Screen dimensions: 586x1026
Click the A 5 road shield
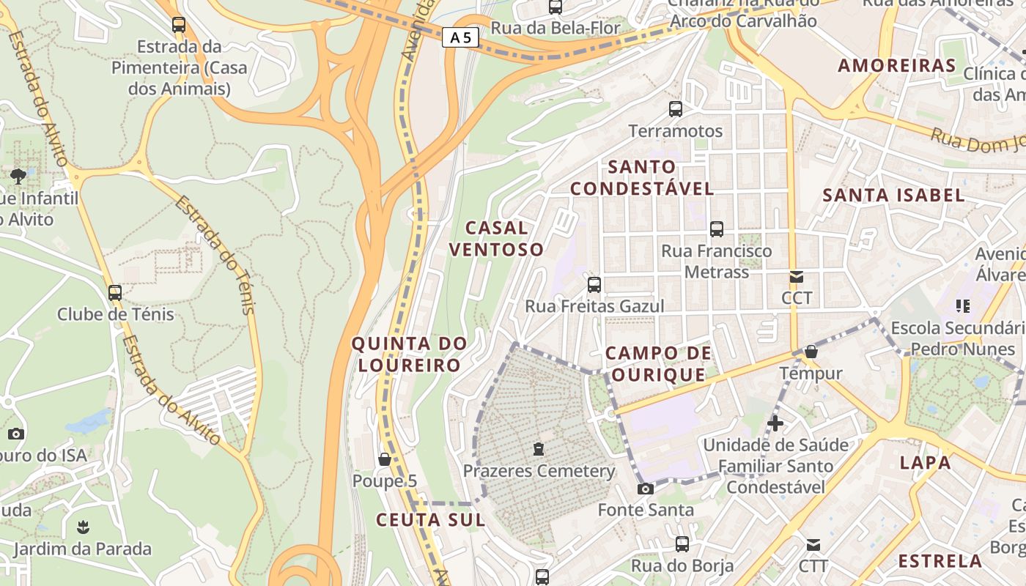click(x=460, y=37)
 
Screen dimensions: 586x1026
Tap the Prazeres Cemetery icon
click(x=539, y=448)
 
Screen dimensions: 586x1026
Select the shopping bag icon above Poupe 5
click(x=384, y=459)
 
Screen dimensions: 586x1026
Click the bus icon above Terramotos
click(x=676, y=109)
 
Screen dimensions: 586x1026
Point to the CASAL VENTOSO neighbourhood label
click(x=496, y=239)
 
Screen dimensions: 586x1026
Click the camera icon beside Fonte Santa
click(x=645, y=489)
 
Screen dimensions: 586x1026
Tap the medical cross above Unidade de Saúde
click(x=775, y=423)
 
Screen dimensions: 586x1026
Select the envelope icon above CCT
click(x=797, y=277)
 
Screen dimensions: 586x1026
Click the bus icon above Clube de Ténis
click(x=115, y=293)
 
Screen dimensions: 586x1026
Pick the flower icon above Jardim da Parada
click(x=82, y=527)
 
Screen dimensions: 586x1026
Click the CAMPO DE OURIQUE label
click(x=658, y=364)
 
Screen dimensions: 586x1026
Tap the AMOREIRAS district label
click(x=897, y=65)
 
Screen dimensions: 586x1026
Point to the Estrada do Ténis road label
click(x=215, y=254)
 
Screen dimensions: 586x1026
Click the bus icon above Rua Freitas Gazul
click(x=594, y=284)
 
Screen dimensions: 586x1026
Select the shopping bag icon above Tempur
click(x=811, y=352)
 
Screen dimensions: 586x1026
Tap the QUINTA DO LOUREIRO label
click(x=409, y=354)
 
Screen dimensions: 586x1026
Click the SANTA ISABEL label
click(x=893, y=196)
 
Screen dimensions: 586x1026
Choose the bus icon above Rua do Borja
click(x=682, y=544)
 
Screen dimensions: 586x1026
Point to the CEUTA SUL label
click(x=430, y=520)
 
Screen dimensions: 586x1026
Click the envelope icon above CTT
click(x=813, y=545)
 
